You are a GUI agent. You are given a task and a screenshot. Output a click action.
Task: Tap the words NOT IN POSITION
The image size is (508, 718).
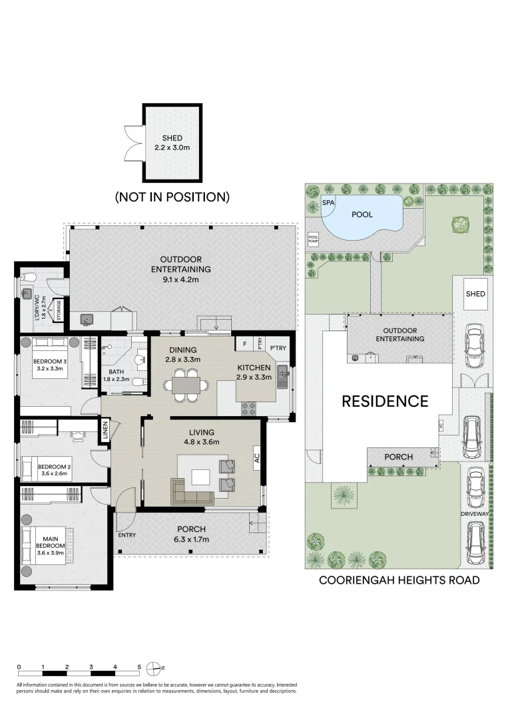[x=172, y=197]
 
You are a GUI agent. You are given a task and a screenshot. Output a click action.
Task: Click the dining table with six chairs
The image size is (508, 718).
[x=182, y=385]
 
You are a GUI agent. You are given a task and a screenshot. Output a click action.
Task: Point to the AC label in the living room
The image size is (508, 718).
[x=256, y=457]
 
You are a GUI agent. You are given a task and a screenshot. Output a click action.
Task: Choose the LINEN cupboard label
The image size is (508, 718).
[x=106, y=432]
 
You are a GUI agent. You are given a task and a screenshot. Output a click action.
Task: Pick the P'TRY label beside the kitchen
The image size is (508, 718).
[x=278, y=347]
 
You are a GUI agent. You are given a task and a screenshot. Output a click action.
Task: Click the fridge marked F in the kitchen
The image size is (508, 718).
[x=244, y=344]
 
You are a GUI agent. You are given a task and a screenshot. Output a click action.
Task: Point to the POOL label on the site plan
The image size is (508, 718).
[x=362, y=214]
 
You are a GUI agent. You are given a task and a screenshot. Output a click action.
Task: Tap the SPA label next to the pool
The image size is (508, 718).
[x=328, y=202]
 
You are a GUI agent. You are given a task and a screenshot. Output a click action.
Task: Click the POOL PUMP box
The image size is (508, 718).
[x=313, y=238]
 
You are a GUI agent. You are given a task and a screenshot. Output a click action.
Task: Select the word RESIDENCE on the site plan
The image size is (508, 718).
[x=385, y=401]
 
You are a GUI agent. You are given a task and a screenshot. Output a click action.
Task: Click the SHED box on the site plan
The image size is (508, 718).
[x=475, y=294]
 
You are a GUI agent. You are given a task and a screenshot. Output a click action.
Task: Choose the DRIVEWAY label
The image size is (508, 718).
[x=474, y=515]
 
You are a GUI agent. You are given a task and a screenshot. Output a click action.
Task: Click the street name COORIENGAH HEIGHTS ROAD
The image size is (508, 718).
[x=399, y=580]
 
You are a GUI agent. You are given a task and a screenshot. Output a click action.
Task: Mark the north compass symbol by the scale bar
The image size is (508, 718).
[x=155, y=667]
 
